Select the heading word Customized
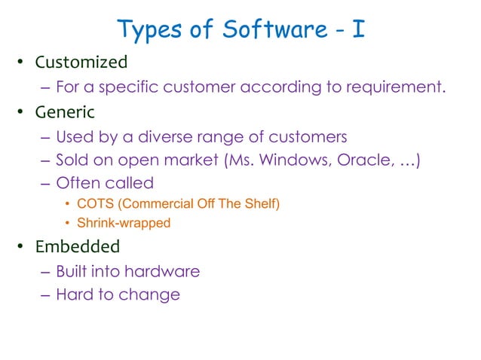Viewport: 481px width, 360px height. (x=81, y=62)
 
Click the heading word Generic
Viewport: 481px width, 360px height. (x=65, y=112)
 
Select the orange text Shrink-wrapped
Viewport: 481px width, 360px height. (x=124, y=223)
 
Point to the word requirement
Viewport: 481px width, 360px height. (x=389, y=87)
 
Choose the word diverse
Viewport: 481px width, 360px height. (x=172, y=137)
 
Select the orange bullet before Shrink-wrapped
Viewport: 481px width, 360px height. (x=66, y=223)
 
